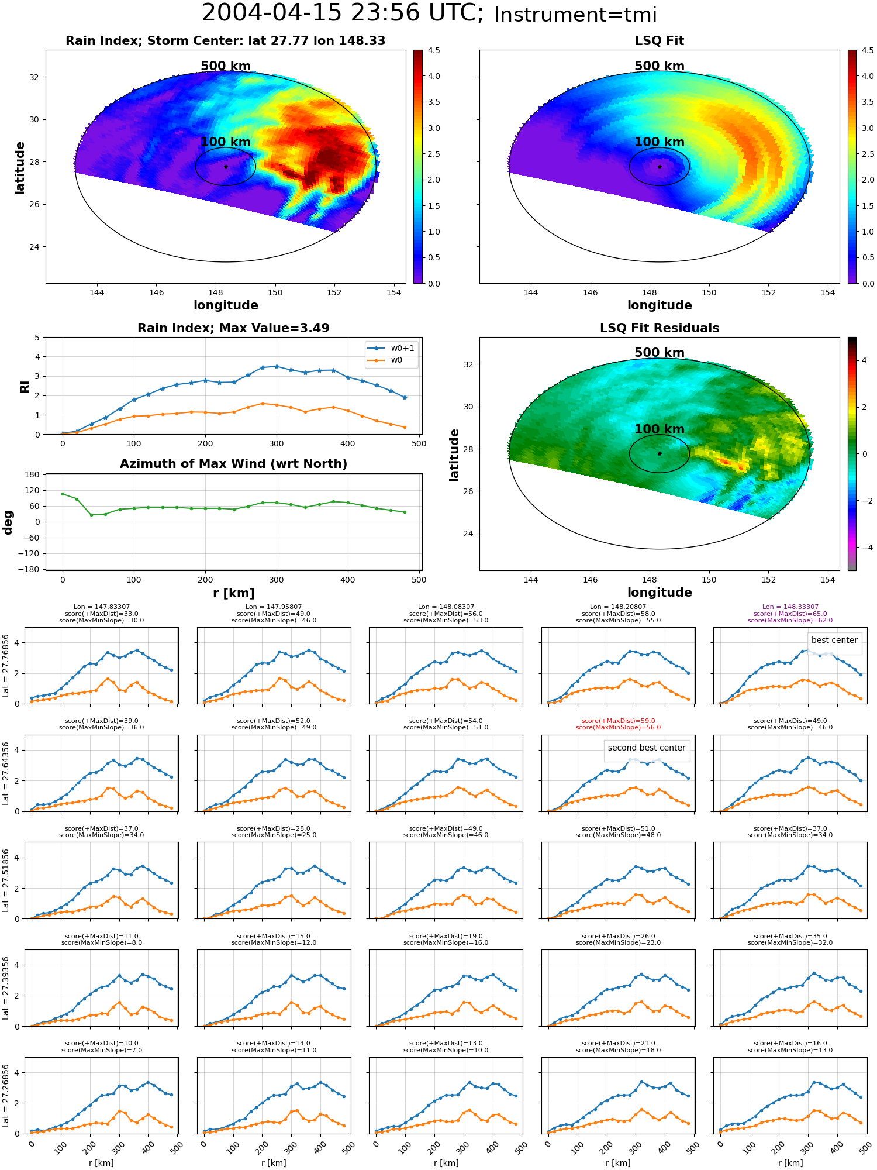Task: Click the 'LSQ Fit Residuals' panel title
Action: pyautogui.click(x=660, y=328)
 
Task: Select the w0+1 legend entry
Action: pyautogui.click(x=391, y=348)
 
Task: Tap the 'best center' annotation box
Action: pyautogui.click(x=834, y=640)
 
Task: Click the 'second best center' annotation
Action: pyautogui.click(x=647, y=748)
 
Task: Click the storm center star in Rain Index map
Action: pyautogui.click(x=226, y=167)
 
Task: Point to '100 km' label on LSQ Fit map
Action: pyautogui.click(x=660, y=142)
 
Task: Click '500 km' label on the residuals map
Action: pyautogui.click(x=660, y=353)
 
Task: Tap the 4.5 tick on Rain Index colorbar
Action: pyautogui.click(x=434, y=50)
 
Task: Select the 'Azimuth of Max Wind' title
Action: pyautogui.click(x=234, y=464)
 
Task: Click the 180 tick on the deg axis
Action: pyautogui.click(x=32, y=474)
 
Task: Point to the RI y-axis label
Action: pyautogui.click(x=25, y=386)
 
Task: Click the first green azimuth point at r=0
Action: pyautogui.click(x=63, y=494)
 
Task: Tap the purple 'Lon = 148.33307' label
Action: pyautogui.click(x=790, y=607)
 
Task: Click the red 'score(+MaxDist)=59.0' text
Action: pyautogui.click(x=618, y=721)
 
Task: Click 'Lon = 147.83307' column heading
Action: pyautogui.click(x=102, y=607)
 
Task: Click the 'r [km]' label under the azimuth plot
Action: pyautogui.click(x=234, y=593)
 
